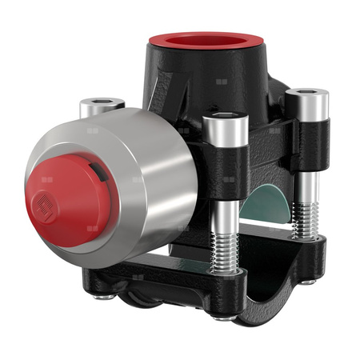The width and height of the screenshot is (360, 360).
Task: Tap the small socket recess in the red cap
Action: pos(43,210)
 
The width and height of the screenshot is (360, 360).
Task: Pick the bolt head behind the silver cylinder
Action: pos(102,105)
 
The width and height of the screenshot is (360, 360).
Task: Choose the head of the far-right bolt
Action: pos(307,99)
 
